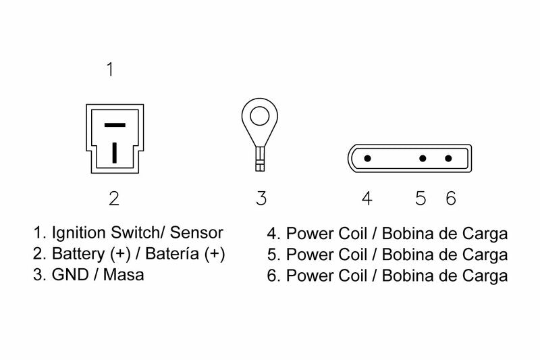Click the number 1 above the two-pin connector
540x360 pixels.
(x=111, y=70)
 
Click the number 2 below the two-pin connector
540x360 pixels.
(x=114, y=198)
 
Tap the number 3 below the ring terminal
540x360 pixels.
(x=261, y=198)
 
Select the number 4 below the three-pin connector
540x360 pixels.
(x=367, y=198)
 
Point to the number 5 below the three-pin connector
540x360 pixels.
(x=421, y=198)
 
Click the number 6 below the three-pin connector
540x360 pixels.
(x=451, y=198)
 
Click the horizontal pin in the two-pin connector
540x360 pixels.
(x=115, y=126)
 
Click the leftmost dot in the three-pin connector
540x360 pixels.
(x=367, y=159)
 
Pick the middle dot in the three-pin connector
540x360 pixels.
(x=422, y=159)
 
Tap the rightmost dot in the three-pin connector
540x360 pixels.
(x=449, y=159)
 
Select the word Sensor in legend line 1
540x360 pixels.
(x=196, y=234)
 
